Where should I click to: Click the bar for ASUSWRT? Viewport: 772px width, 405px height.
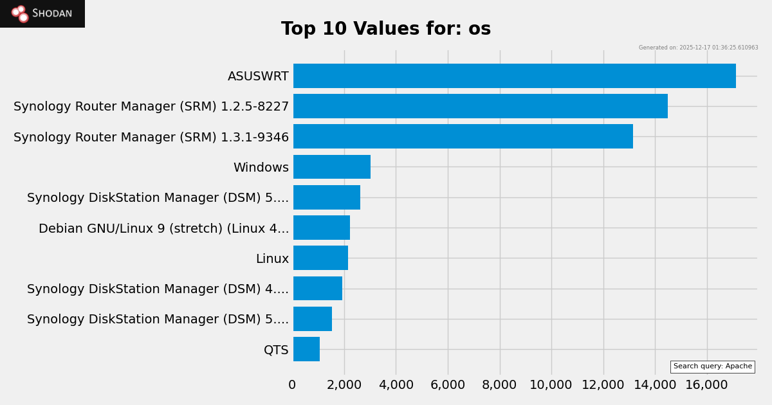(x=515, y=76)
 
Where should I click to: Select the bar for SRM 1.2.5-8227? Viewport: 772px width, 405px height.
(x=481, y=106)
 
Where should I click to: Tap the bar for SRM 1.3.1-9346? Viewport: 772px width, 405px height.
(x=463, y=136)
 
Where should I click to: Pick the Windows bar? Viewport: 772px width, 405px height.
(x=332, y=167)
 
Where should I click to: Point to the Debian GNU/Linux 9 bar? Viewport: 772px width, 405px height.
(x=322, y=228)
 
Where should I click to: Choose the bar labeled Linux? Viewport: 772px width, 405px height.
(x=320, y=258)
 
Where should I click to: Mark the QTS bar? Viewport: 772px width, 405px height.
(x=306, y=349)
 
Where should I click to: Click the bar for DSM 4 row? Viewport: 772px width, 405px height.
(x=318, y=288)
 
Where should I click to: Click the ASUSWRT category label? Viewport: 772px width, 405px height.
(x=258, y=76)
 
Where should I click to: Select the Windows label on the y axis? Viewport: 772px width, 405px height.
(x=261, y=168)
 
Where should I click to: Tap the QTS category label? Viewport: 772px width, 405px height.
(x=276, y=350)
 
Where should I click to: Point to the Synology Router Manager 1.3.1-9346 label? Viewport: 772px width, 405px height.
(x=151, y=138)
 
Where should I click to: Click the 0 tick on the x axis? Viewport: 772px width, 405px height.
(x=292, y=385)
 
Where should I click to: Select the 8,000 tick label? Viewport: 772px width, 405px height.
(x=499, y=385)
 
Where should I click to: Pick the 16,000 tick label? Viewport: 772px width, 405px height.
(x=706, y=385)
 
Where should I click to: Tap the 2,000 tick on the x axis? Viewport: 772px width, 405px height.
(x=344, y=385)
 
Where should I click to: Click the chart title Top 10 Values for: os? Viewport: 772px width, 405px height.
(x=386, y=29)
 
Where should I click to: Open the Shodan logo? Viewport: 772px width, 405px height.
(x=42, y=14)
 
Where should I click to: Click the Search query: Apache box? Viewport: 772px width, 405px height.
(x=712, y=366)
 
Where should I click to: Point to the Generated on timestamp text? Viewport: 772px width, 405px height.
(x=698, y=48)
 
